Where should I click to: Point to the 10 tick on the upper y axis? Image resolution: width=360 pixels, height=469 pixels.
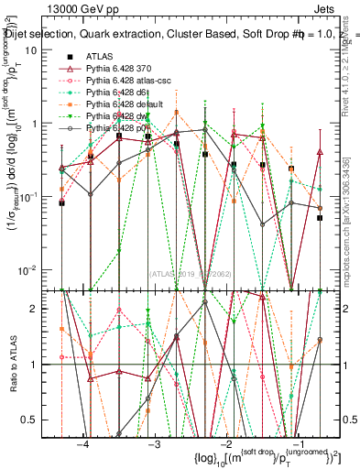point(38,49)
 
